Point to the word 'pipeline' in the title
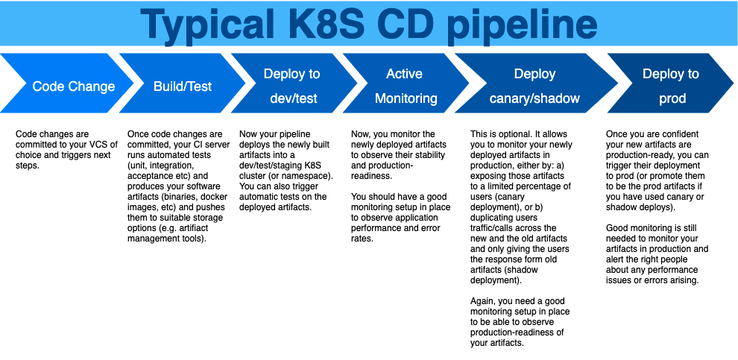coord(522,25)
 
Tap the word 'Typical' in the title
coord(206,25)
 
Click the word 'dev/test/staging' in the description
coord(268,165)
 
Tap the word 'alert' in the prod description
coord(616,259)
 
